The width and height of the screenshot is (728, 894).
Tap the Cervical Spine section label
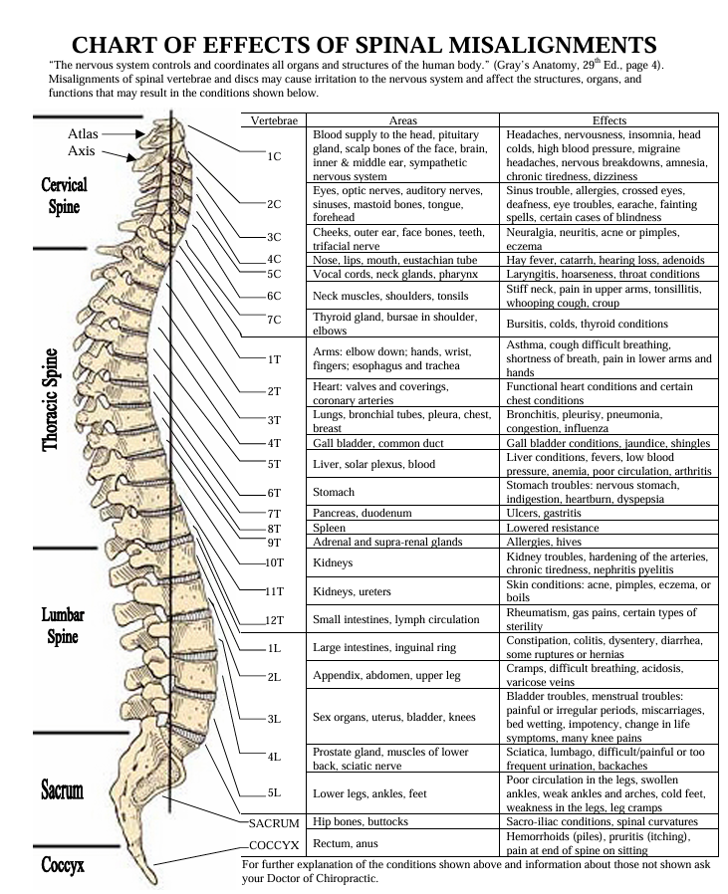[x=65, y=196]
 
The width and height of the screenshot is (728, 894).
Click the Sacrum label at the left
[x=62, y=791]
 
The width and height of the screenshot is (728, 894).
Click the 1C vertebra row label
[x=275, y=156]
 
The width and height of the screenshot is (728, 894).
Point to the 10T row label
[x=275, y=563]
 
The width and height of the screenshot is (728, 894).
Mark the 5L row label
[x=275, y=793]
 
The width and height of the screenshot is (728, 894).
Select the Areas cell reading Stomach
[x=334, y=492]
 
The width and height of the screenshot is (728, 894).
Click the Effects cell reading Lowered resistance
[x=553, y=527]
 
